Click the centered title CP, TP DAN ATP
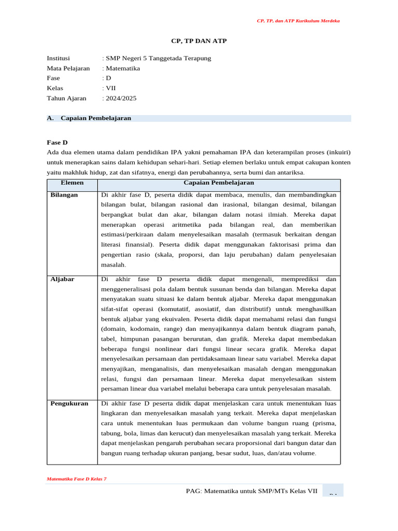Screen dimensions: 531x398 coord(199,40)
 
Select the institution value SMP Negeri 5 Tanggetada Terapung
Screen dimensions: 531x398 coord(158,58)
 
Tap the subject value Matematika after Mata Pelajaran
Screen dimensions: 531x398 coord(122,68)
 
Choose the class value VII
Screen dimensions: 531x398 coord(110,88)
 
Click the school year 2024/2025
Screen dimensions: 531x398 coord(121,97)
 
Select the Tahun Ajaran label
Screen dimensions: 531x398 coord(67,97)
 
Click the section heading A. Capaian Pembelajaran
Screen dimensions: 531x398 coord(89,118)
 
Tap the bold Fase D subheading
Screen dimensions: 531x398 coord(57,142)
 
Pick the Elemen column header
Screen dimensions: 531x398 coord(72,183)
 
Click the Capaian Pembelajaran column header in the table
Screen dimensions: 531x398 coord(219,183)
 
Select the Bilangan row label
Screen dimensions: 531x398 coord(64,195)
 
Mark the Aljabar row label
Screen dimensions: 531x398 coord(62,279)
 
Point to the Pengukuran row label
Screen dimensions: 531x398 coord(69,403)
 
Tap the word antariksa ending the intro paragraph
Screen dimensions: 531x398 coord(291,173)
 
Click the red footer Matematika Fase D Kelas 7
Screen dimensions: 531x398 coord(77,479)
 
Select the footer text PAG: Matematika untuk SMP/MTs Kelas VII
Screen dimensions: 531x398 coord(251,491)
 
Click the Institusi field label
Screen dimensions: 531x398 coord(58,58)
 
